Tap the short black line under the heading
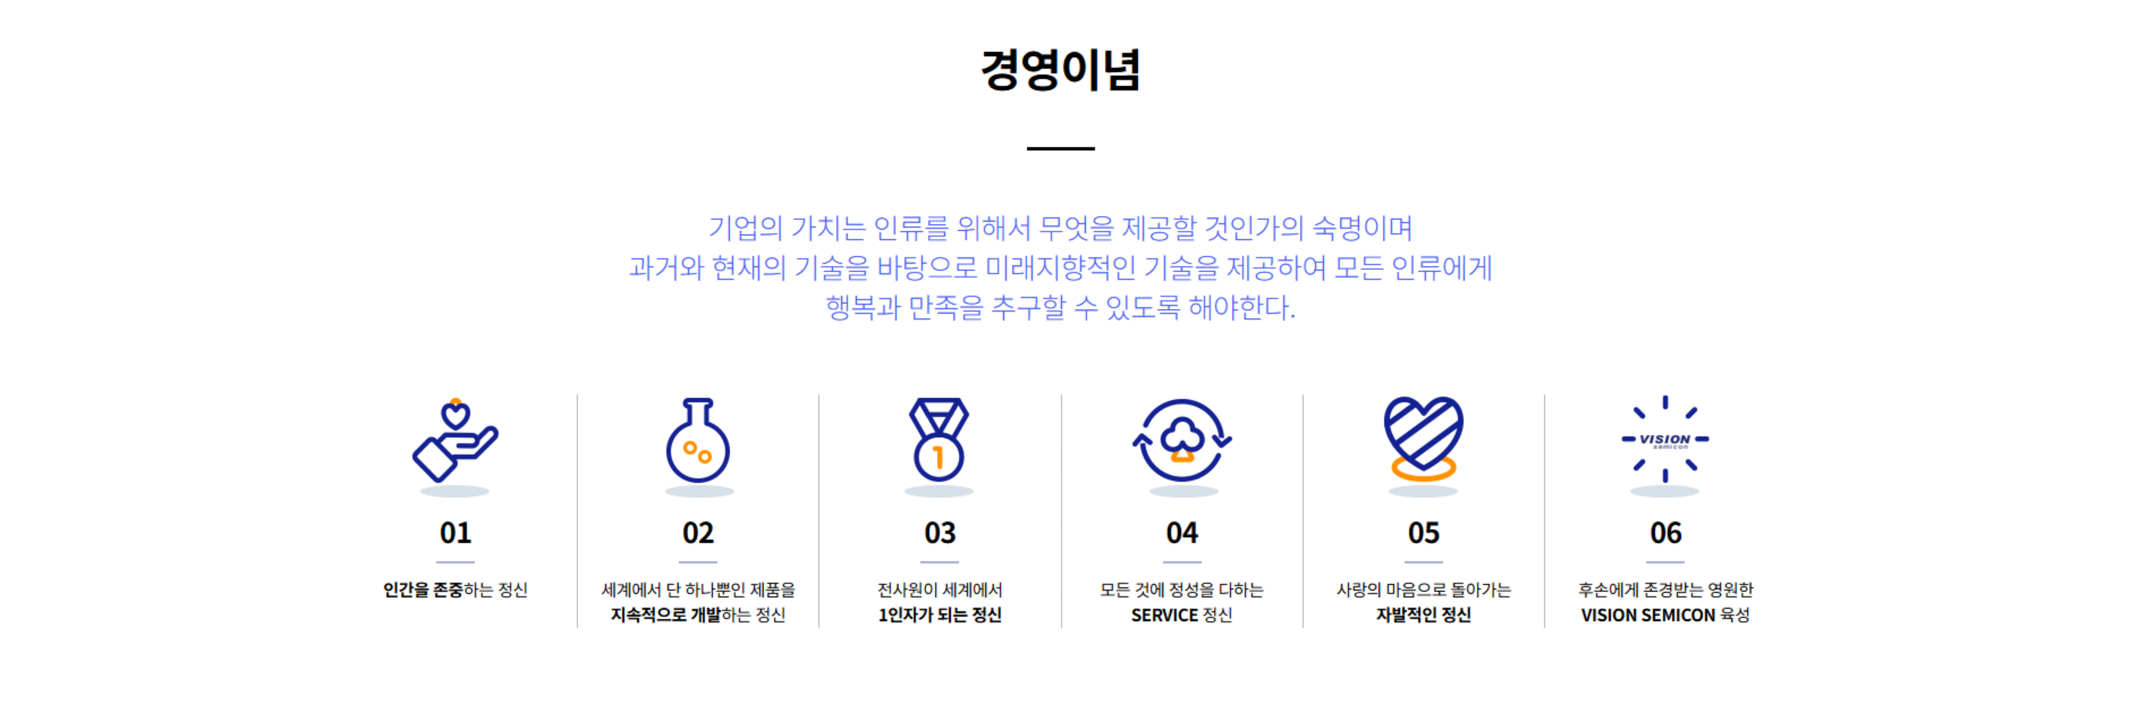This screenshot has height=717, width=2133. point(1061,148)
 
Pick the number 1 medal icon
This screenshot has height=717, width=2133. point(939,440)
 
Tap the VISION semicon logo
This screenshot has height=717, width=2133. point(1665,440)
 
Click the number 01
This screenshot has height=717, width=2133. point(455,532)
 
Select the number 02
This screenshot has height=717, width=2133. point(698,532)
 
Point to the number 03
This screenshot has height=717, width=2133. point(940,532)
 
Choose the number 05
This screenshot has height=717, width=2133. point(1424,532)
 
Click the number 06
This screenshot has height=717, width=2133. point(1665,532)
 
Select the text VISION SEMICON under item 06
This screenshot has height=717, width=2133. point(1648,615)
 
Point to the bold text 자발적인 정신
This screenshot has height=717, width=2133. point(1424,615)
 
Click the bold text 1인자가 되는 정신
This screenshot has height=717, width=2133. point(940,615)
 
